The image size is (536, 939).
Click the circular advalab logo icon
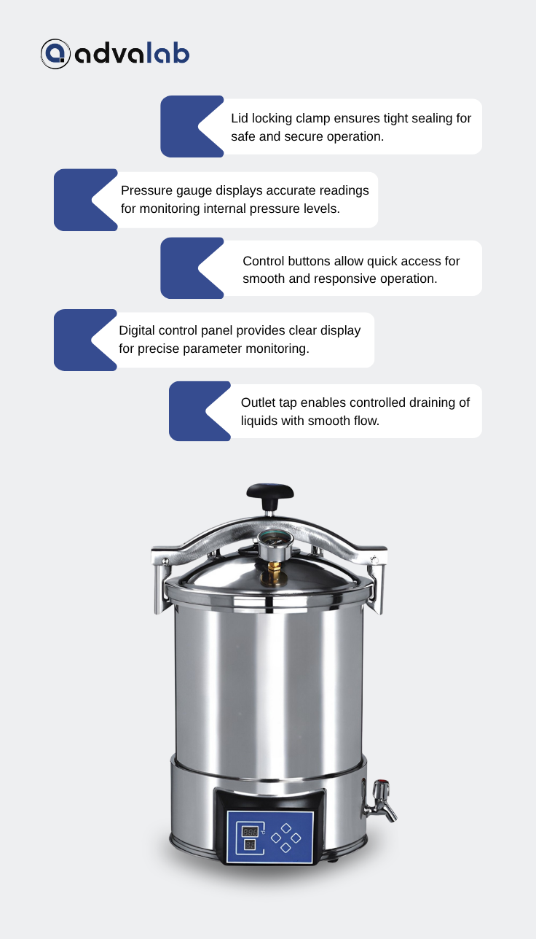coord(55,54)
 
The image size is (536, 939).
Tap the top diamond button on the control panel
coord(286,828)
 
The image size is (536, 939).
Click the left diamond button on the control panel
coord(276,838)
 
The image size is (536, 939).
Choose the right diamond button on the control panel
coord(296,838)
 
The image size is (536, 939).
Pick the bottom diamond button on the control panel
coord(286,848)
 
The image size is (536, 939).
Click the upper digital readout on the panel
coord(250,832)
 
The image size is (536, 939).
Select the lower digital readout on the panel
coord(250,844)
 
